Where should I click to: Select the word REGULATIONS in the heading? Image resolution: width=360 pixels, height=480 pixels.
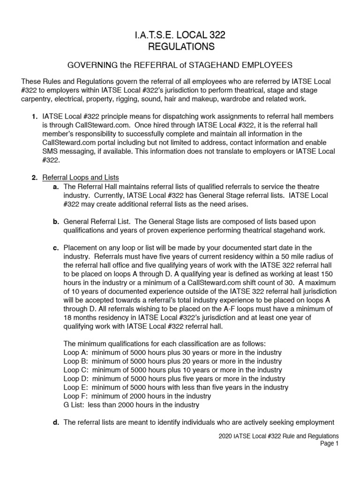[180, 46]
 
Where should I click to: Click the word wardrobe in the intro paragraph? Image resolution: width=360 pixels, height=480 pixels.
[254, 99]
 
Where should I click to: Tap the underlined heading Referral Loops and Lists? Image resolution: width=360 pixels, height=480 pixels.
[81, 177]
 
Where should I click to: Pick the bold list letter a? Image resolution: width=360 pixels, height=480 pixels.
[55, 186]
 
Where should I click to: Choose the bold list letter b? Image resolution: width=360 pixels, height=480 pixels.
[55, 221]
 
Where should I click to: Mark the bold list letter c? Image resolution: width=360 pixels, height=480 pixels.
[55, 247]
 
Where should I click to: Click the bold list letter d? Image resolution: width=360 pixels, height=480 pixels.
[55, 422]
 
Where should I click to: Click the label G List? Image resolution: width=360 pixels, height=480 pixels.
[75, 405]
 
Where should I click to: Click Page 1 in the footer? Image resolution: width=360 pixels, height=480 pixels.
[329, 444]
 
